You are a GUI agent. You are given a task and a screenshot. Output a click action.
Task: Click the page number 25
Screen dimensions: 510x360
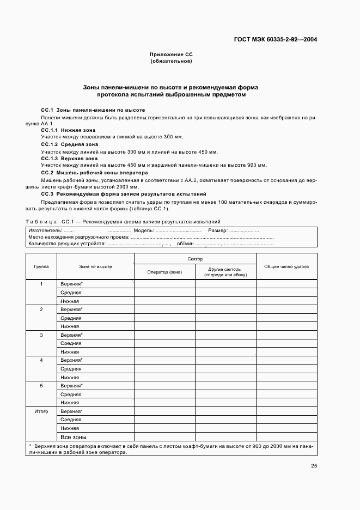coord(314,466)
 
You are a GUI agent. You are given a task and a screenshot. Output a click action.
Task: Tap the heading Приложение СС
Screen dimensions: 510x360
coord(171,55)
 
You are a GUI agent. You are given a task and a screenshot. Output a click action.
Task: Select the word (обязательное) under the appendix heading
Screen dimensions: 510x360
coord(171,62)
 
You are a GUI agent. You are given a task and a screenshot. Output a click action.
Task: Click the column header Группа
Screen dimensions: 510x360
coord(41,266)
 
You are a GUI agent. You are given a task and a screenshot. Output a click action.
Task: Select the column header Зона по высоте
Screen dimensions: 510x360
coord(95,266)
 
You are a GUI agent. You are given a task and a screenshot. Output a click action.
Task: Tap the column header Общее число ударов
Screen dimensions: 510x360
coord(286,266)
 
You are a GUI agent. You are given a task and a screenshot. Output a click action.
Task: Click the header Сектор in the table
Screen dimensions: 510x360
coord(194,259)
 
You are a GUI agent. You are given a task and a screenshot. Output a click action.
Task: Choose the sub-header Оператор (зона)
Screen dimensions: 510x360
coord(164,272)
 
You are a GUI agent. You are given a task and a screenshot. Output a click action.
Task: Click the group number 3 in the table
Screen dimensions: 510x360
coord(41,335)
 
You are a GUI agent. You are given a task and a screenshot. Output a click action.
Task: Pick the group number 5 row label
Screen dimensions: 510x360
coord(41,386)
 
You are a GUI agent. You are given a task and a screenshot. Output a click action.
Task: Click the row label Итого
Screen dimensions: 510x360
coord(41,411)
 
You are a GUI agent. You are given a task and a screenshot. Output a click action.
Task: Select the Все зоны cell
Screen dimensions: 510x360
coord(74,437)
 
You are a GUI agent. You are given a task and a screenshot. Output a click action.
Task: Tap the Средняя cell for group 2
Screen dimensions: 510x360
coord(71,318)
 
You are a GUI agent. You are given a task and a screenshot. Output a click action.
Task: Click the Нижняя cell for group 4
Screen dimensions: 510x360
coord(70,377)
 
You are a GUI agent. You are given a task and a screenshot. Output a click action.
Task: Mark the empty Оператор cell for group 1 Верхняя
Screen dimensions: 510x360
coord(164,284)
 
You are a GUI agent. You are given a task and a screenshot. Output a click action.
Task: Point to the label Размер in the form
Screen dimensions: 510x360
coord(217,230)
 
